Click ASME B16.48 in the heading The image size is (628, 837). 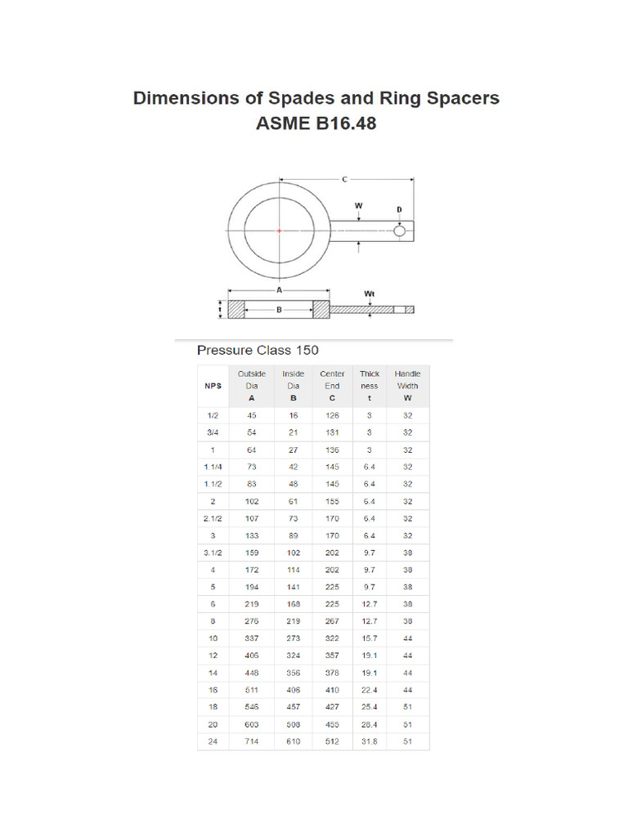coord(316,125)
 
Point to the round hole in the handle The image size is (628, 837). coord(399,231)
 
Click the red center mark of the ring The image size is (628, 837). coord(279,231)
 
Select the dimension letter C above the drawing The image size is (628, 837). coord(344,178)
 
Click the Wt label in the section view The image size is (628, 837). coord(369,292)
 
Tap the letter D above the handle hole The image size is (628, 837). coord(399,210)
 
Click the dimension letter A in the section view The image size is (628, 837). coord(279,289)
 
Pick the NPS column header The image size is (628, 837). coord(213,386)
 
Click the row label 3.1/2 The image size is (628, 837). coord(213,553)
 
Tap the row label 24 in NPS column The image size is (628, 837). coord(213,741)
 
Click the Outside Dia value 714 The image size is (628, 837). coord(252,741)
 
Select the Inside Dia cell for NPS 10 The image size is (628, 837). coord(293,638)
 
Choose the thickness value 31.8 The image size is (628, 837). coord(370,741)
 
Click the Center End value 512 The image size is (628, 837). coord(332,741)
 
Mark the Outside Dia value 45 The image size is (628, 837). coord(252,415)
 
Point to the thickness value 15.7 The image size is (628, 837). coord(370,638)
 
